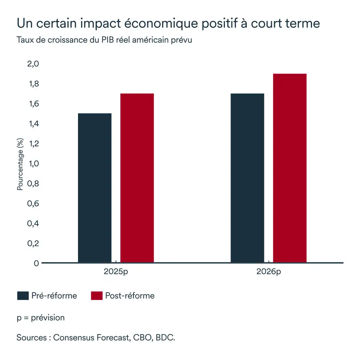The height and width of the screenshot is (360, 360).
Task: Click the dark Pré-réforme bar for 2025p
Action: click(94, 187)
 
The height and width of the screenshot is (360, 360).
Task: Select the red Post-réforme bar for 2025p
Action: click(137, 178)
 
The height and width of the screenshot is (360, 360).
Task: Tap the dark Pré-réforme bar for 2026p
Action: click(247, 178)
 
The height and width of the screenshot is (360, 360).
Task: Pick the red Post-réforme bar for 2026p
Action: click(289, 168)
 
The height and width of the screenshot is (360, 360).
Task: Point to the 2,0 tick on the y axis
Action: click(33, 64)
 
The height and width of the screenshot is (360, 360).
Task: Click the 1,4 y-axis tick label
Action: click(33, 124)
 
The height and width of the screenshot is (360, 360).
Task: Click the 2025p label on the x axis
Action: click(116, 271)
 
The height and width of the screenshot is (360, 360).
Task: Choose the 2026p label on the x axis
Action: click(268, 271)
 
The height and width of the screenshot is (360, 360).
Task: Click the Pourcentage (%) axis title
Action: click(20, 164)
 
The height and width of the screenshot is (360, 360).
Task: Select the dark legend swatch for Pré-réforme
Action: click(23, 296)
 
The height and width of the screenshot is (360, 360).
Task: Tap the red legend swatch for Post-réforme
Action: click(96, 296)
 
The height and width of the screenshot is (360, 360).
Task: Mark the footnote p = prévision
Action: click(40, 318)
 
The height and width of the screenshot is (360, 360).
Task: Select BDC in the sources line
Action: click(165, 337)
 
